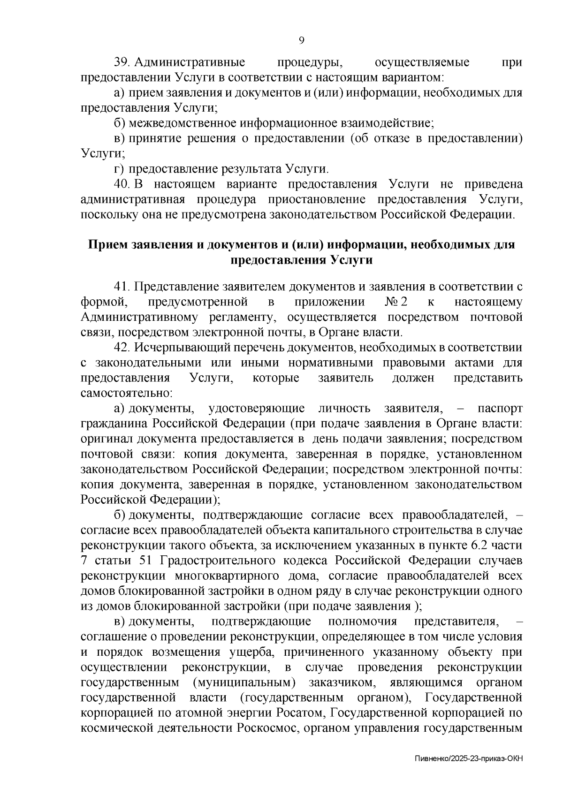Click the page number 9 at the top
pos(302,40)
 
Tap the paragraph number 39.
pos(124,62)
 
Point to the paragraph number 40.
pos(124,184)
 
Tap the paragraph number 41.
pos(124,287)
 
